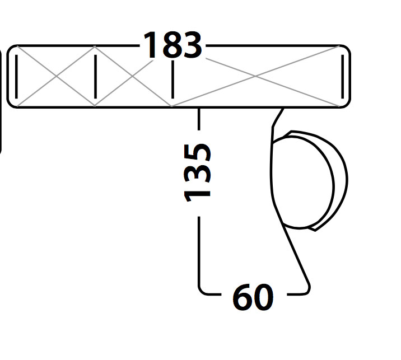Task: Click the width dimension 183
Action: [x=172, y=45]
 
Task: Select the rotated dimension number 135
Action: [x=198, y=173]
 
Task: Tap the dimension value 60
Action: [x=253, y=297]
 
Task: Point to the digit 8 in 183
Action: [x=172, y=45]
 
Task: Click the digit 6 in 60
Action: [x=243, y=297]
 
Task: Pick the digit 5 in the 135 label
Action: [x=198, y=153]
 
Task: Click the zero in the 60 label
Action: [x=263, y=297]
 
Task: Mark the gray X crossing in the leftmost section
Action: [x=56, y=76]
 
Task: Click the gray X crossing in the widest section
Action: [x=255, y=76]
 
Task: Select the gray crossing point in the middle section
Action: [x=133, y=76]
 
